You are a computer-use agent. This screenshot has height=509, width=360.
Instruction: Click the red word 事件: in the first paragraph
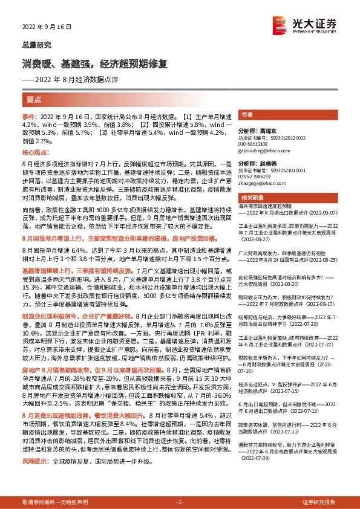tap(30, 115)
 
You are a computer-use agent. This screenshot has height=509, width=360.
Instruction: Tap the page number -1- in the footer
tap(179, 502)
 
